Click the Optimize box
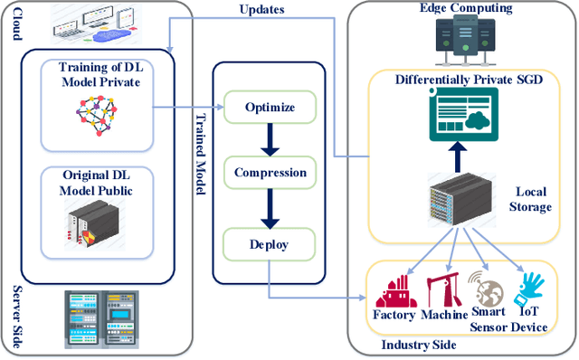[x=270, y=107]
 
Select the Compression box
[x=270, y=173]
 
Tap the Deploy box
[x=270, y=242]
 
